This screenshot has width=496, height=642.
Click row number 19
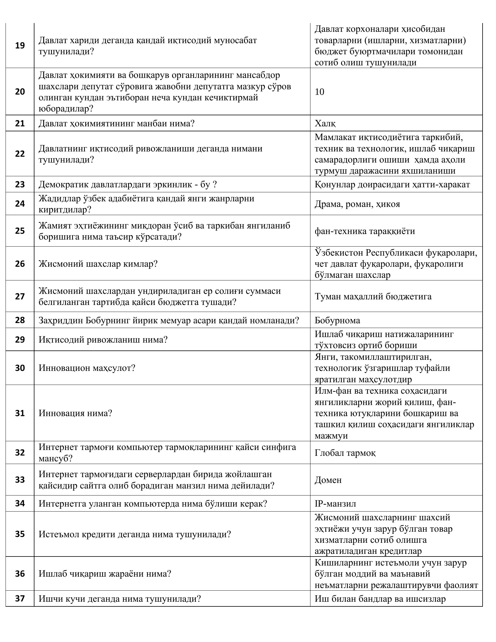click(20, 46)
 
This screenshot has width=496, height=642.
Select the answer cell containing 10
click(319, 92)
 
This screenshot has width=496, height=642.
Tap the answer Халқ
click(325, 123)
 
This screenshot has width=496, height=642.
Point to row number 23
click(20, 184)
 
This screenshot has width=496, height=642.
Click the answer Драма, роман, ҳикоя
click(357, 204)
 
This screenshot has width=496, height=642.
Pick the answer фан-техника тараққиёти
click(365, 231)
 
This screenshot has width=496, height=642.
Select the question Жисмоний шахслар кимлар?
click(98, 264)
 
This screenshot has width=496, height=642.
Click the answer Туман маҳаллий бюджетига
click(373, 296)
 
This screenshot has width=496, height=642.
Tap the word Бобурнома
click(337, 320)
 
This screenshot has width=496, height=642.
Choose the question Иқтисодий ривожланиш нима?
click(103, 339)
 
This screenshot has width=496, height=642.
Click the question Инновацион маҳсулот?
click(87, 368)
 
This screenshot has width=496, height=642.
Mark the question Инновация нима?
click(76, 413)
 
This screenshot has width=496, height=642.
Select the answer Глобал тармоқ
click(345, 453)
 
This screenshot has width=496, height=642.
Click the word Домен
click(328, 480)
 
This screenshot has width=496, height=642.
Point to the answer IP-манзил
click(335, 503)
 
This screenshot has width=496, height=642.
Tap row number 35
click(20, 534)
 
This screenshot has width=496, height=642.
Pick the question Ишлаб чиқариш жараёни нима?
click(105, 573)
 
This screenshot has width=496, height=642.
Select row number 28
click(20, 320)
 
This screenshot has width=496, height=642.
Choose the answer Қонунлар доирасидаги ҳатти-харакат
click(392, 184)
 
